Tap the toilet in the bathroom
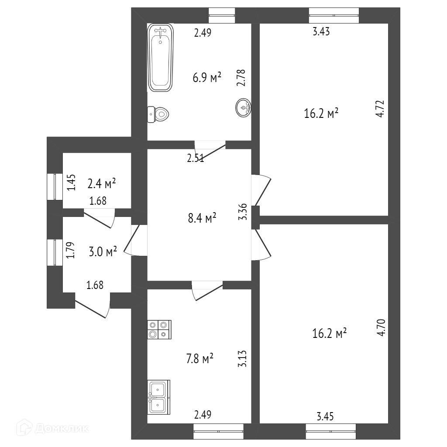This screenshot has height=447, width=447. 158,114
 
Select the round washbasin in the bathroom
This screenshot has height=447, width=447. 244,107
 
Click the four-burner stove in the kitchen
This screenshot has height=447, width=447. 159,330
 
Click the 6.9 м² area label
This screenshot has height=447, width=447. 207,78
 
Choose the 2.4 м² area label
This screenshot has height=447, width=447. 101,184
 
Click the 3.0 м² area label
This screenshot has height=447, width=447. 103,251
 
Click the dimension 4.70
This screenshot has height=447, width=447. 382,327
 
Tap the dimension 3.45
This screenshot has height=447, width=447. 326,417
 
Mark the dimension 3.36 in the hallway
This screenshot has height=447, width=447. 244,212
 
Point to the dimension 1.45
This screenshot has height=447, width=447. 72,182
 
